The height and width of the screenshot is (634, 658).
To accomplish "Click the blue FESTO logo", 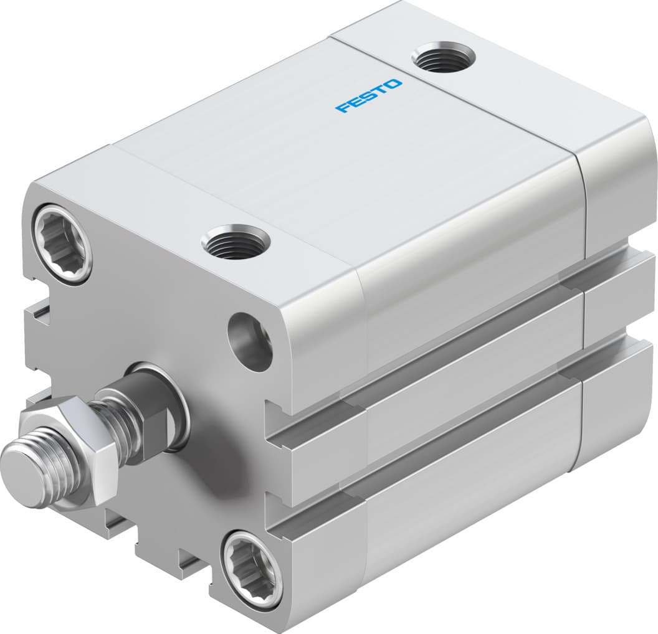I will tap(370, 95).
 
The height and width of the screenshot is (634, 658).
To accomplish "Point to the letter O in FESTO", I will tap(395, 83).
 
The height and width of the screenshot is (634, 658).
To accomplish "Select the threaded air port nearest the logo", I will tap(444, 59).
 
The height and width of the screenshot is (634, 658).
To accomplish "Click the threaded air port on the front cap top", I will tap(237, 242).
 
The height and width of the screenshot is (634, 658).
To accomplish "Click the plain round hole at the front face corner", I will tap(250, 339).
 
